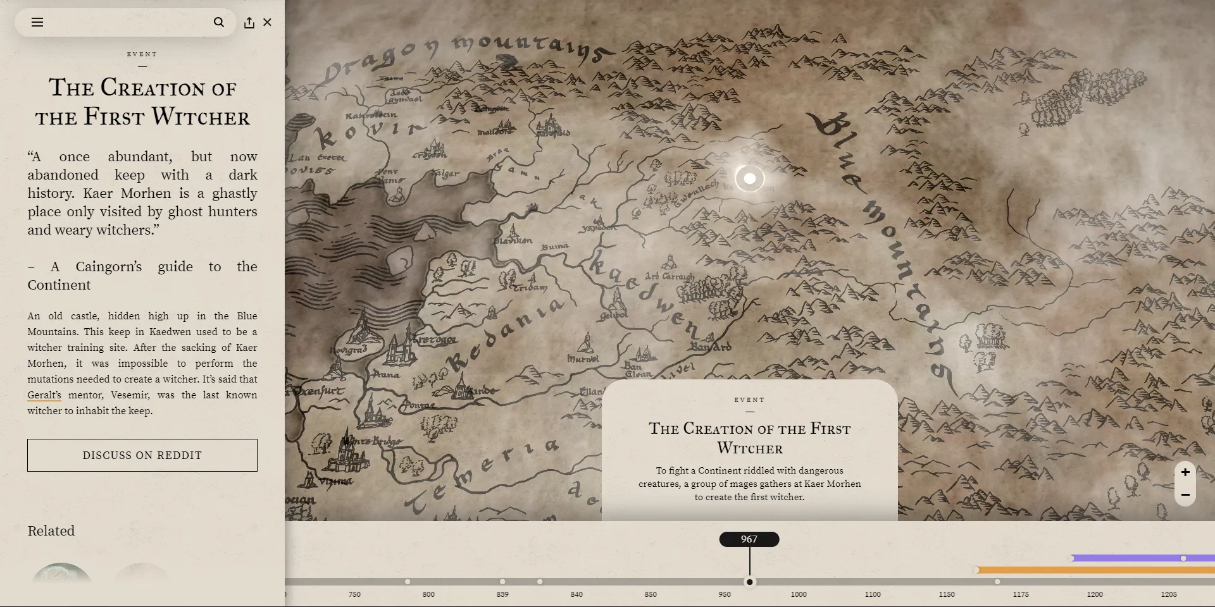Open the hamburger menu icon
coord(37,22)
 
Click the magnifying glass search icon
coord(219,22)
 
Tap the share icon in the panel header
coord(249,23)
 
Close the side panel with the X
coord(268,22)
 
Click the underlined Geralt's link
coord(44,395)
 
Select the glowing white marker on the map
coord(750,179)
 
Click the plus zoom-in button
coord(1185,472)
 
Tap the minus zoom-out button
coord(1185,495)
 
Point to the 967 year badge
coord(749,539)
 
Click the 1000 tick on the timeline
coord(799,594)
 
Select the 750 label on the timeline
coord(354,594)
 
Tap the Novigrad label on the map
coord(349,350)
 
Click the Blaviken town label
coord(513,241)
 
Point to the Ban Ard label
coord(711,346)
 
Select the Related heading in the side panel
coord(51,531)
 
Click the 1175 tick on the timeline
coord(1021,594)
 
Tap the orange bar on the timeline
coord(1095,570)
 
